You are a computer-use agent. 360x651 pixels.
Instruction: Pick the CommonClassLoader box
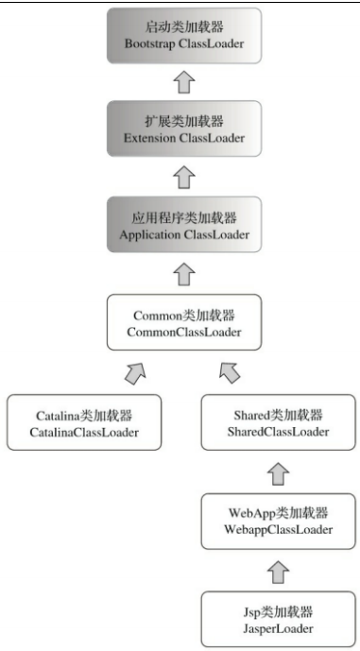pyautogui.click(x=186, y=323)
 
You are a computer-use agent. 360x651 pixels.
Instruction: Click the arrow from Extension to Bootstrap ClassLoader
pyautogui.click(x=184, y=83)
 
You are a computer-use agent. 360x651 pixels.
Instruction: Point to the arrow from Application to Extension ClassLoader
pyautogui.click(x=184, y=177)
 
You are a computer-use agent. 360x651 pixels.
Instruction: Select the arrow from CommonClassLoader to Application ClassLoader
pyautogui.click(x=184, y=273)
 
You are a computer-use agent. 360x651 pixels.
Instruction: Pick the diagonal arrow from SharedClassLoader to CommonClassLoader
pyautogui.click(x=230, y=372)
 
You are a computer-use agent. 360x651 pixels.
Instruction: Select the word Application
pyautogui.click(x=152, y=231)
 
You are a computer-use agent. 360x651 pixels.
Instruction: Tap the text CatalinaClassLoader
pyautogui.click(x=83, y=432)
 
